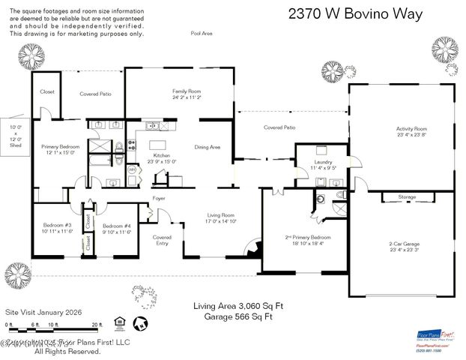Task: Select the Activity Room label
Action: pos(411,132)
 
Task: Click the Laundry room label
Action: pos(323,165)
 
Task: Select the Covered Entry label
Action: pos(162,240)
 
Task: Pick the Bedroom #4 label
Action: pos(117,229)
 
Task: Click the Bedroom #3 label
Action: pos(56,229)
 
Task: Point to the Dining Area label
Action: pos(208,147)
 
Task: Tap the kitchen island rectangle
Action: pos(157,145)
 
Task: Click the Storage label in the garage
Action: pos(407,197)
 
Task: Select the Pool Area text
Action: pos(202,34)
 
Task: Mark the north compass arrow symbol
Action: pos(139,323)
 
